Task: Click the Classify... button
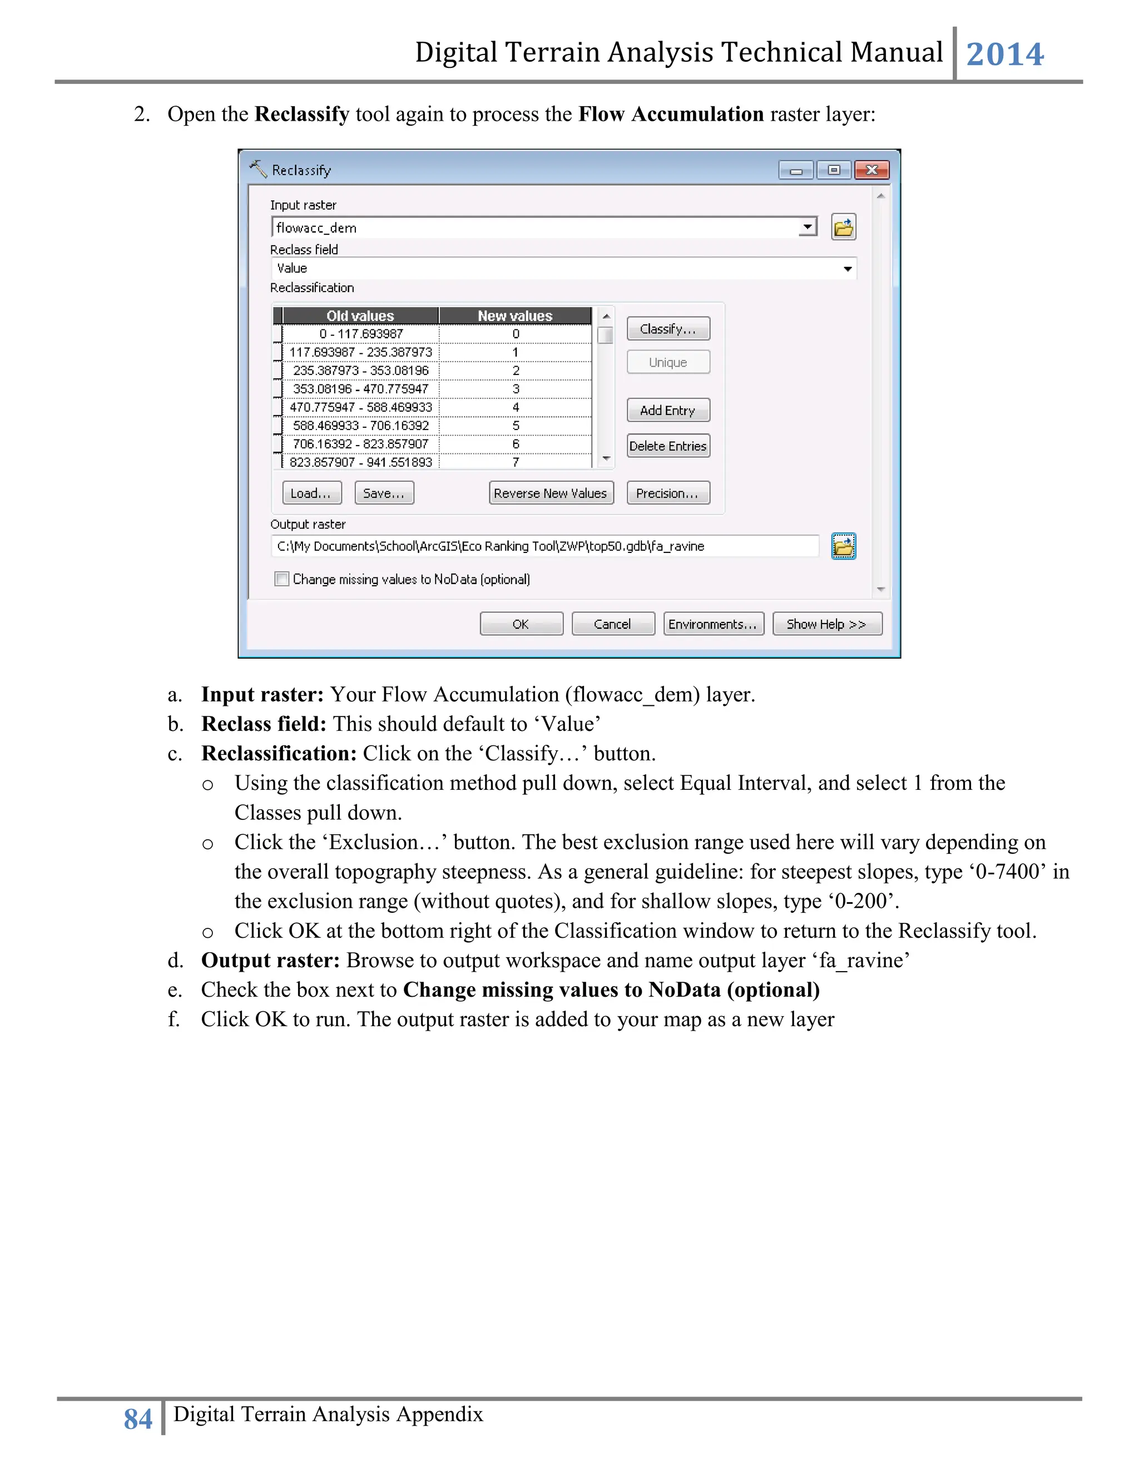click(667, 329)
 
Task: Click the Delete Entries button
click(667, 446)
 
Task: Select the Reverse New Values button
click(550, 493)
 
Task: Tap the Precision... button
click(667, 493)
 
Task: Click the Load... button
click(311, 493)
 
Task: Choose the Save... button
click(384, 493)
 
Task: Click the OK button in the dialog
click(521, 624)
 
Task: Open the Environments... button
click(713, 624)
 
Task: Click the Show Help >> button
click(826, 624)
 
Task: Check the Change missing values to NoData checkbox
click(282, 579)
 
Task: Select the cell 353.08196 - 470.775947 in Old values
click(360, 389)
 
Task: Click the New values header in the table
click(515, 316)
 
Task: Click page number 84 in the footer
click(138, 1419)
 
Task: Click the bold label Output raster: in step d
click(270, 961)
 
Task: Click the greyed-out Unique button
click(667, 363)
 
